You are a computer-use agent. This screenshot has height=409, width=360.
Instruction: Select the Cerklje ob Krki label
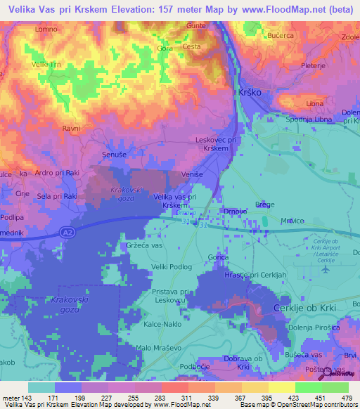tap(306, 309)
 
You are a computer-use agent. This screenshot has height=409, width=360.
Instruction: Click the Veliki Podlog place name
tap(172, 266)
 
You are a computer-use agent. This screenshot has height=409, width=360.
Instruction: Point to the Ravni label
tap(70, 129)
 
